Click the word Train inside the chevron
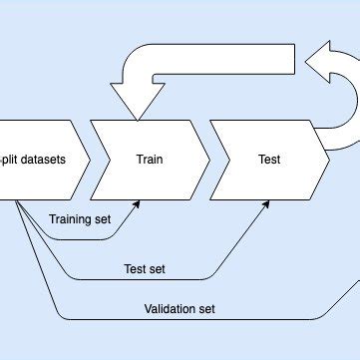150,159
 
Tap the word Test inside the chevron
269,159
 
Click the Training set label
79,217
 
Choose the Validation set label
180,308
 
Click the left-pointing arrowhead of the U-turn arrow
320,69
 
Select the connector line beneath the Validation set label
180,320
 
